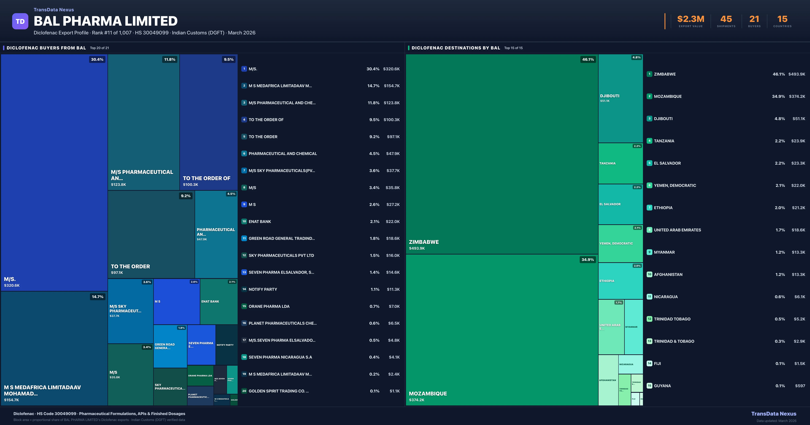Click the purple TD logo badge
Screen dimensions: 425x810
click(x=20, y=21)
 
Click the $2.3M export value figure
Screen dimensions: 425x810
click(x=691, y=19)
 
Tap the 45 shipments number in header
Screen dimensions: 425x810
click(x=726, y=19)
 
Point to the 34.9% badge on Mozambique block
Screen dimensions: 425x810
click(x=587, y=260)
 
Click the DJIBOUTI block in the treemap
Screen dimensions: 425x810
click(x=620, y=98)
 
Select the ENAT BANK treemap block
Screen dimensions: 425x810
click(x=219, y=301)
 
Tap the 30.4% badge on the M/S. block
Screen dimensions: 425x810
click(x=97, y=59)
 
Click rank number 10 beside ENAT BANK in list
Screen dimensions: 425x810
click(x=244, y=221)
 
